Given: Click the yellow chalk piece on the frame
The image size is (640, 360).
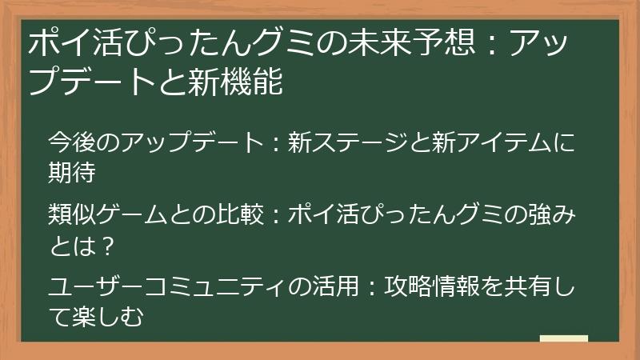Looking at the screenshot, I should coord(563,340).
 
